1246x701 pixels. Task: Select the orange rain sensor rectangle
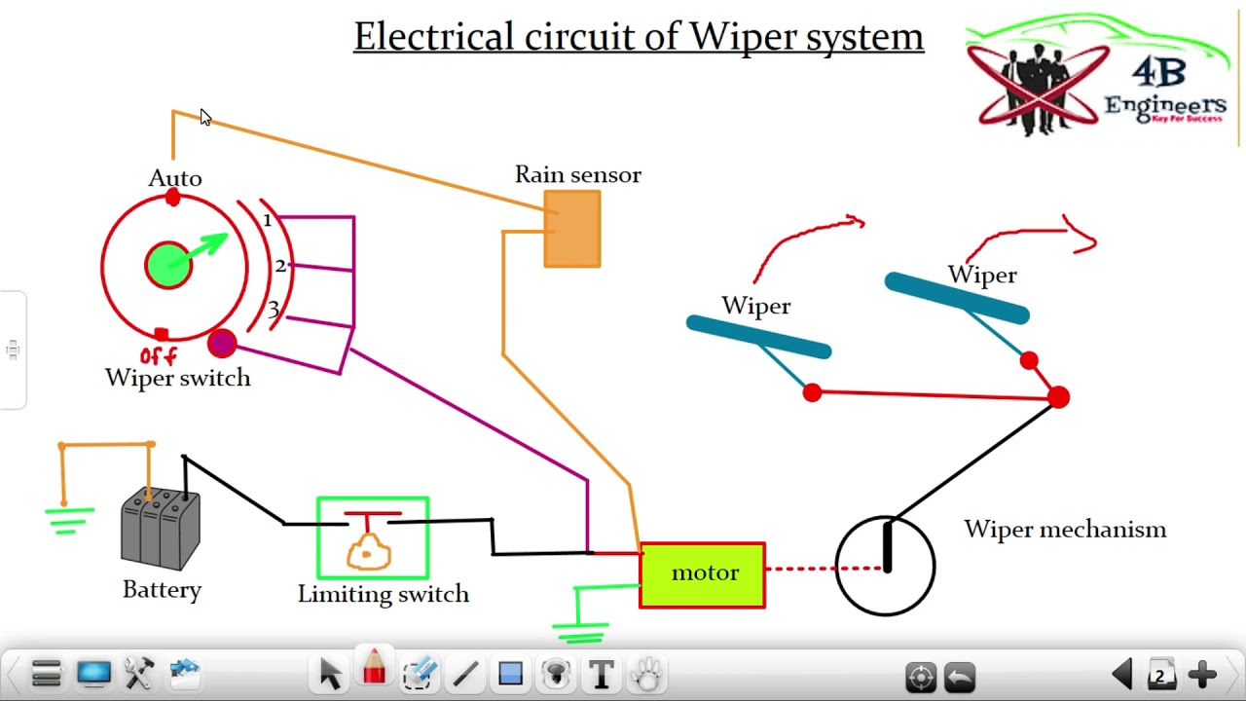pyautogui.click(x=572, y=229)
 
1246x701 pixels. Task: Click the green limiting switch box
pyautogui.click(x=373, y=538)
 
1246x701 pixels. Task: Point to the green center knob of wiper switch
pyautogui.click(x=168, y=265)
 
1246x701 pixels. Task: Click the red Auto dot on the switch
pyautogui.click(x=173, y=199)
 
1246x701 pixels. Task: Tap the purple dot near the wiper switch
pyautogui.click(x=222, y=343)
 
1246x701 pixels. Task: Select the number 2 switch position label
pyautogui.click(x=280, y=266)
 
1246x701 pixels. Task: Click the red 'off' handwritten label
pyautogui.click(x=158, y=356)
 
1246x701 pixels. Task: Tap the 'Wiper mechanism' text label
pyautogui.click(x=1065, y=530)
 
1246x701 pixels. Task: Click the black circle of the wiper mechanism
pyautogui.click(x=885, y=566)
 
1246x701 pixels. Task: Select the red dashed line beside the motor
pyautogui.click(x=800, y=569)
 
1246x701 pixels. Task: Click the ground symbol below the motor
pyautogui.click(x=581, y=631)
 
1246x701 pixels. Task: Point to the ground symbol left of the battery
pyautogui.click(x=69, y=520)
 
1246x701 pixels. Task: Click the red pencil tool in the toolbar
pyautogui.click(x=374, y=671)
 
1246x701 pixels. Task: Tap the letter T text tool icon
pyautogui.click(x=602, y=674)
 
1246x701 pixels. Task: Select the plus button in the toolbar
pyautogui.click(x=1202, y=674)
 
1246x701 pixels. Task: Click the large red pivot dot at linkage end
pyautogui.click(x=1058, y=397)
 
